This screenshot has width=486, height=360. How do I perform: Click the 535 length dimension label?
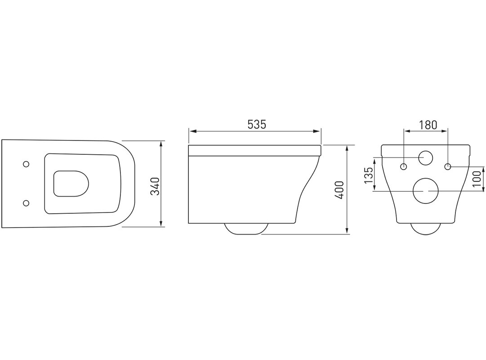point(257,125)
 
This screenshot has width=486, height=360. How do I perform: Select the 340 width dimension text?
point(155,186)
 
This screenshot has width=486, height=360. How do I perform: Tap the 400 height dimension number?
point(340,189)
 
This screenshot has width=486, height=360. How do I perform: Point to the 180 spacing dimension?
point(428,125)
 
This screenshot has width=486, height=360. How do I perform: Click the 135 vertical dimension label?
point(368,175)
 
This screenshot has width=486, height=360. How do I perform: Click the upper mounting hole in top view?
point(27,164)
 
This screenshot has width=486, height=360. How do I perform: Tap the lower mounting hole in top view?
point(27,203)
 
